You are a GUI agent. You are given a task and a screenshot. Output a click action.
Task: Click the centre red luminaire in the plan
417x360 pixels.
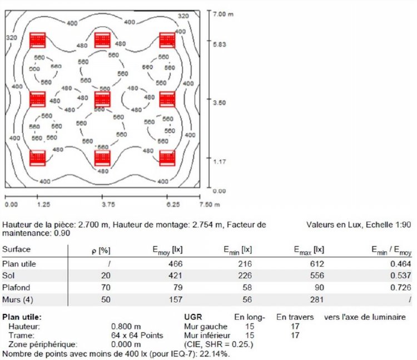tap(102, 99)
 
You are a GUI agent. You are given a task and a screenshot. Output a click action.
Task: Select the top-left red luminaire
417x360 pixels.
tap(37, 40)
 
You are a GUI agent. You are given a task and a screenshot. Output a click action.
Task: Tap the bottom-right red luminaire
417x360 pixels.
tap(167, 158)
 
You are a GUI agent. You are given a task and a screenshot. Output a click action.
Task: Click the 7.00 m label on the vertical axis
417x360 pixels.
tap(223, 13)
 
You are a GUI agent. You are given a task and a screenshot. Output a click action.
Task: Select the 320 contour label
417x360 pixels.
tap(12, 37)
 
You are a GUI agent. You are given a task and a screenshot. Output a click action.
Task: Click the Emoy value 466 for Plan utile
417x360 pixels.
tap(176, 263)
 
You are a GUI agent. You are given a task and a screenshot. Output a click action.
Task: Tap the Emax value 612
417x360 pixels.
tap(316, 263)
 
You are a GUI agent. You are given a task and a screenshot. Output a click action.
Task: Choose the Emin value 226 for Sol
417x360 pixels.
tap(245, 275)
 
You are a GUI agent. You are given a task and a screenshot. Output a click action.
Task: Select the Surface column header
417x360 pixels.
tap(17, 249)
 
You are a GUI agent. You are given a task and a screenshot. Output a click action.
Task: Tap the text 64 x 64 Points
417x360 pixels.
tap(136, 336)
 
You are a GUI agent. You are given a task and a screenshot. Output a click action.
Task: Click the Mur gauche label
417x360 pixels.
tap(205, 327)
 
